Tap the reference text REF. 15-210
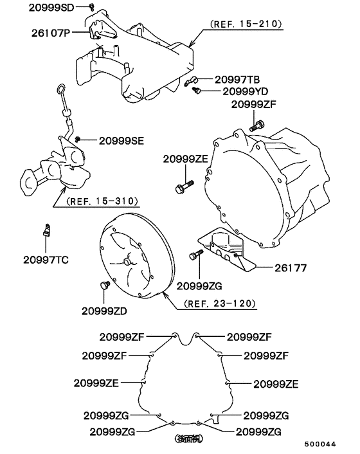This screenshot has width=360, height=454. pyautogui.click(x=246, y=24)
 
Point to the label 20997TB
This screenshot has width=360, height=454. pyautogui.click(x=237, y=79)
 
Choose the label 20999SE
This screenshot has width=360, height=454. pyautogui.click(x=120, y=140)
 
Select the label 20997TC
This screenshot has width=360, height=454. pyautogui.click(x=46, y=260)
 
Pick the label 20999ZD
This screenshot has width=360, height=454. pyautogui.click(x=107, y=310)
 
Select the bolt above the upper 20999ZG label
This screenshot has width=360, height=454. pyautogui.click(x=194, y=256)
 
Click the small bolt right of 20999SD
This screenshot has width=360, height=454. pyautogui.click(x=92, y=6)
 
